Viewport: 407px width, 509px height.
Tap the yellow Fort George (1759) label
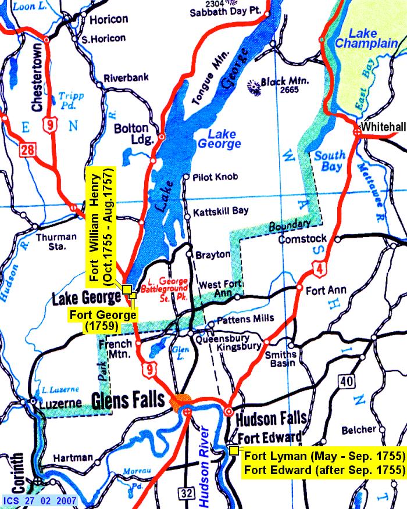click(102, 321)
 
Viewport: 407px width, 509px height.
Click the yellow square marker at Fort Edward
click(234, 450)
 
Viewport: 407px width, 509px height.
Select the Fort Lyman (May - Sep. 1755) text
click(322, 455)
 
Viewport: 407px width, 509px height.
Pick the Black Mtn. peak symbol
click(254, 87)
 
